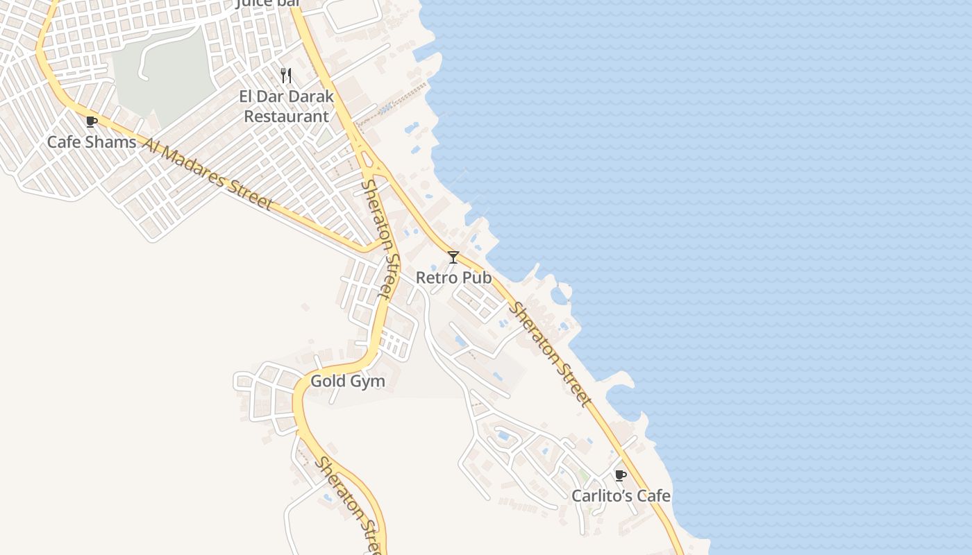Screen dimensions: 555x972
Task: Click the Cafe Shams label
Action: [x=92, y=142]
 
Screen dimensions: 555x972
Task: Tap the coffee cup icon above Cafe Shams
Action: [x=91, y=123]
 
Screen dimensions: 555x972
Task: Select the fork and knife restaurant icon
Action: [x=286, y=76]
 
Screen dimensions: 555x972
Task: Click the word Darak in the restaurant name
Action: [x=308, y=96]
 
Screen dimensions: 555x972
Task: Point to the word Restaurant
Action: [x=286, y=116]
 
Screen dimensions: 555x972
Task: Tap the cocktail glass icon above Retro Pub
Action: [x=453, y=257]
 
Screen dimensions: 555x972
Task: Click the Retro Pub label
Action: [x=453, y=277]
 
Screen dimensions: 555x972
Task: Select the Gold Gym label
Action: [x=347, y=381]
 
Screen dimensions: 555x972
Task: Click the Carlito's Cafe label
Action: [x=621, y=495]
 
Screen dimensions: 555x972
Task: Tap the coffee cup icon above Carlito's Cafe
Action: [x=620, y=476]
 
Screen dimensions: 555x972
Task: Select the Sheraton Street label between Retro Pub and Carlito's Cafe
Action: [x=551, y=353]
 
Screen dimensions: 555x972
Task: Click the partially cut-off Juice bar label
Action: [x=269, y=3]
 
